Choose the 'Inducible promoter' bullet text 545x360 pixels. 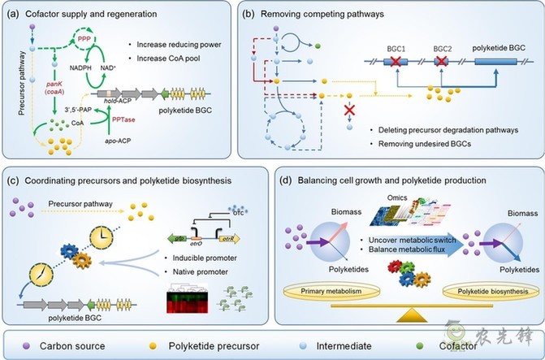[201, 258]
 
